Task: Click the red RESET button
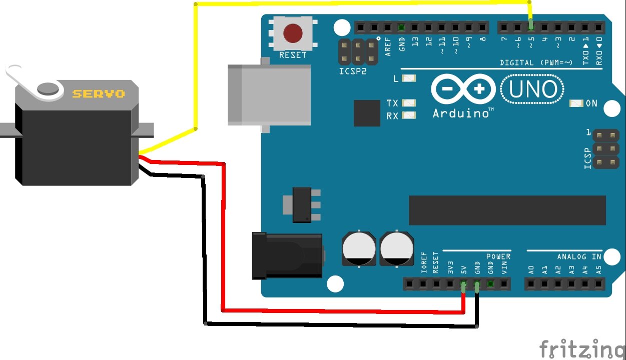293,33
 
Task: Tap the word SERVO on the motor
98,93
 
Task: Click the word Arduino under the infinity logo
460,113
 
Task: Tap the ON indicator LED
576,103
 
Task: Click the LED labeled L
409,78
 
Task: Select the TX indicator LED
409,103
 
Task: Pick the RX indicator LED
409,115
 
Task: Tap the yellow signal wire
195,65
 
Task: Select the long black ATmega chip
507,210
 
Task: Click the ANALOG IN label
579,256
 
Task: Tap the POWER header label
498,256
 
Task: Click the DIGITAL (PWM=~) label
536,62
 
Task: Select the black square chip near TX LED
367,113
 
